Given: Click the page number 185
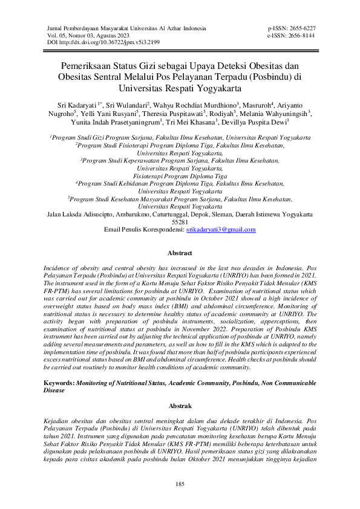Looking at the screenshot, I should pyautogui.click(x=180, y=485).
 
